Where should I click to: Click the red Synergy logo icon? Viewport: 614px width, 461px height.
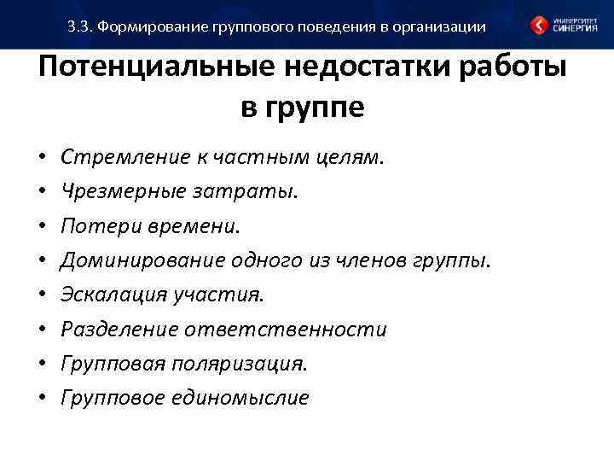coord(540,26)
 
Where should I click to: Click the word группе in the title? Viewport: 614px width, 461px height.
coord(317,108)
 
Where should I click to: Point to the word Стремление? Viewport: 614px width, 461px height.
coord(113,157)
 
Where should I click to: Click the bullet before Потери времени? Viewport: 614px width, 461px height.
coord(42,227)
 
